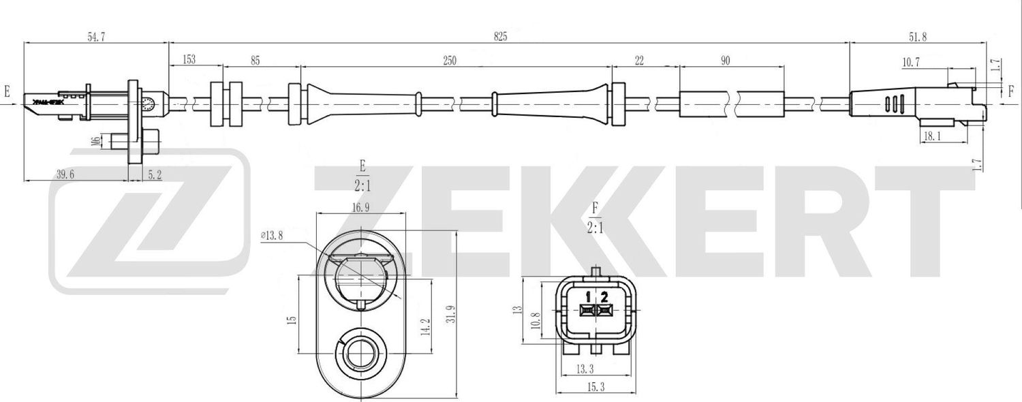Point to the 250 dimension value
(x=449, y=61)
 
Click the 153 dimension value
(x=189, y=60)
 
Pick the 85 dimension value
(x=255, y=61)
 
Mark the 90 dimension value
(x=725, y=61)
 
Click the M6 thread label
(x=96, y=141)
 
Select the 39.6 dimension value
(x=65, y=174)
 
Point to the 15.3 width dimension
(x=595, y=386)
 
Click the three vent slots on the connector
(x=893, y=104)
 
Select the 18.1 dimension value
(x=933, y=137)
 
